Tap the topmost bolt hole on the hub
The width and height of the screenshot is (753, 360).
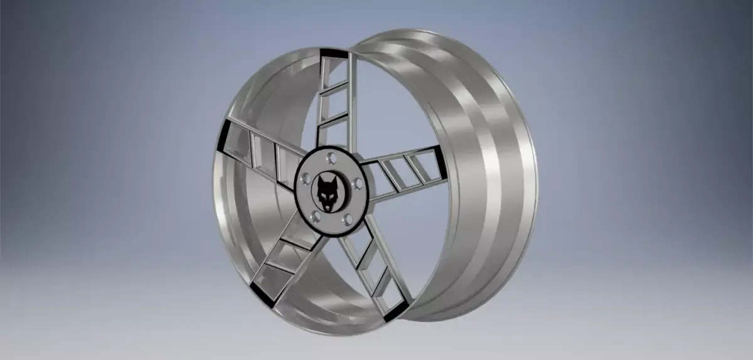(331, 157)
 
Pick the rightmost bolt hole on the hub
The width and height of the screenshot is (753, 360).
(356, 184)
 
